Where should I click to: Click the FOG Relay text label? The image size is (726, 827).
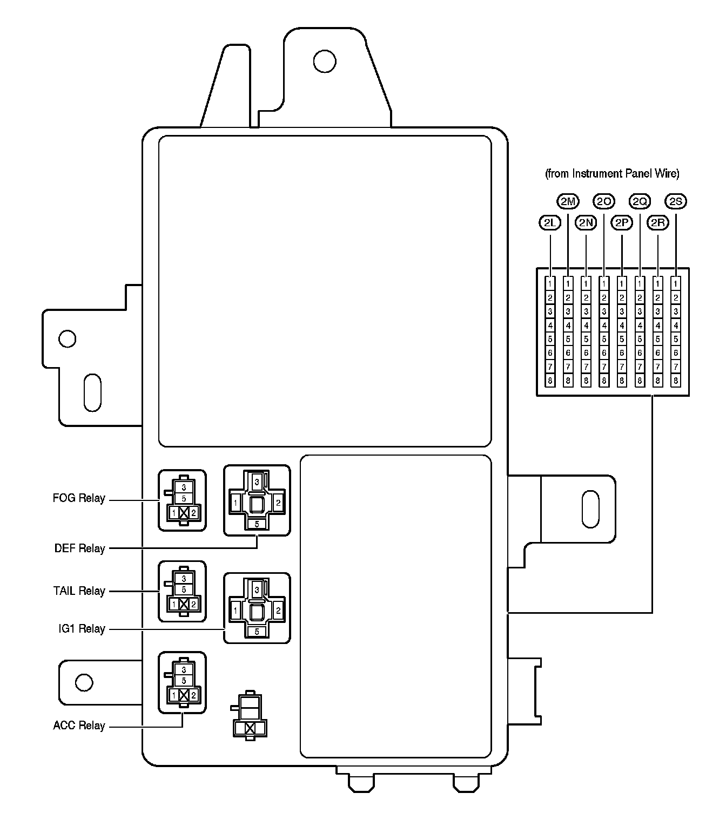click(79, 498)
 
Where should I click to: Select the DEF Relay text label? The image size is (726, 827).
click(79, 548)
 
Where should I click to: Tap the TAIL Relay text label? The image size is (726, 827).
click(79, 591)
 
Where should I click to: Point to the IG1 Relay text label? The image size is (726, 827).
click(82, 629)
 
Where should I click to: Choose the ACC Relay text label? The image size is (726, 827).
click(79, 726)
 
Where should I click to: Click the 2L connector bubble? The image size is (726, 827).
click(550, 222)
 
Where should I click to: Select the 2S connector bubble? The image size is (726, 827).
click(675, 202)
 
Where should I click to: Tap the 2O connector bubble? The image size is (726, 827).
click(604, 202)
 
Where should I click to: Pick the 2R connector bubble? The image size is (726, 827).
click(657, 222)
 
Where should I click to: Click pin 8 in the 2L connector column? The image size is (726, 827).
click(550, 381)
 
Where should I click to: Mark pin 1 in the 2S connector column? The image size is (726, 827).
click(675, 283)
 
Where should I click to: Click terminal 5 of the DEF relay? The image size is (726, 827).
click(257, 524)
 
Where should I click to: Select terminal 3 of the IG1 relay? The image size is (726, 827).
click(257, 589)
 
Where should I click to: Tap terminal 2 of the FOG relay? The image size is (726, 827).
click(193, 512)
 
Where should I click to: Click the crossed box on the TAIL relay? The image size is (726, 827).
click(184, 605)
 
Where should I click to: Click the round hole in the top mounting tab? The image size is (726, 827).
click(325, 60)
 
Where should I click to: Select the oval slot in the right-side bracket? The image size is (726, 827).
click(590, 509)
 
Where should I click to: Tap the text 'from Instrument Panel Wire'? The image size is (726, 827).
click(612, 174)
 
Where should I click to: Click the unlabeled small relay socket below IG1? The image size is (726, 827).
click(249, 715)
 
